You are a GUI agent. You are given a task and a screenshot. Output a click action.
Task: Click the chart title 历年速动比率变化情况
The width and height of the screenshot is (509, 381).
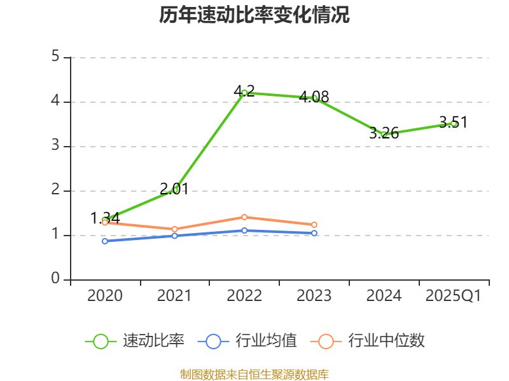(x=254, y=15)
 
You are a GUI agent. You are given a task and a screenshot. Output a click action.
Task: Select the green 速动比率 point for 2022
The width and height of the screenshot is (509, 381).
(x=244, y=93)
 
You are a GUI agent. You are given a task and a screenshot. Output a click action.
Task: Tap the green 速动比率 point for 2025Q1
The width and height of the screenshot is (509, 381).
(x=454, y=123)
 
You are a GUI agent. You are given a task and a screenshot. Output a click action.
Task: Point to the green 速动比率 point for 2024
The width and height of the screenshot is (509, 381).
(x=384, y=135)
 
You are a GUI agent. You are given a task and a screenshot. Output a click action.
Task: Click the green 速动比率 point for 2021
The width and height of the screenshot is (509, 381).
(x=175, y=190)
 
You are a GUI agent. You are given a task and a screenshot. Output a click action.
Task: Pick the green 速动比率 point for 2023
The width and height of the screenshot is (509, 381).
(x=314, y=98)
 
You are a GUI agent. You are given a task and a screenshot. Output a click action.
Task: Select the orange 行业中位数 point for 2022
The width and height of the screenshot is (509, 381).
(x=244, y=217)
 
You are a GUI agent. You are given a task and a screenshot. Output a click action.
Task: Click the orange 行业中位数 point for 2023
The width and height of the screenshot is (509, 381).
(x=314, y=225)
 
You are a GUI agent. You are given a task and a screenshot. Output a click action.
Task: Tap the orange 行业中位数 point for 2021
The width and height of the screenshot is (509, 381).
(x=175, y=229)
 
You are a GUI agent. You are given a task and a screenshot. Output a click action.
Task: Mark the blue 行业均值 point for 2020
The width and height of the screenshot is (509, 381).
(x=105, y=241)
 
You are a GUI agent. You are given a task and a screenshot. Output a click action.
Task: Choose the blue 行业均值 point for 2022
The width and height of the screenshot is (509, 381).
(x=244, y=231)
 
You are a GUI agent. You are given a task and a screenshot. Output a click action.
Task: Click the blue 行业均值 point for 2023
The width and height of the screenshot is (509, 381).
(x=314, y=233)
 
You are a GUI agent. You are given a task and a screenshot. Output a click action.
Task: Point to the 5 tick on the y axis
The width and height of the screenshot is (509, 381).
(x=55, y=57)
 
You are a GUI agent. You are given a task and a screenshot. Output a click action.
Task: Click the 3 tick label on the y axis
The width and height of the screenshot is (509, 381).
(x=55, y=146)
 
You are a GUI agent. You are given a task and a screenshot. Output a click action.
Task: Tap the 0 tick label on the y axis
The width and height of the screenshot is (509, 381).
(x=55, y=279)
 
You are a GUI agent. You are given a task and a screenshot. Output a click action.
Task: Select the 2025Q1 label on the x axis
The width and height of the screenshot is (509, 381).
(x=454, y=296)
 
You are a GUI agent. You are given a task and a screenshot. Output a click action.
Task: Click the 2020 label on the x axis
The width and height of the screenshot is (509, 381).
(x=105, y=296)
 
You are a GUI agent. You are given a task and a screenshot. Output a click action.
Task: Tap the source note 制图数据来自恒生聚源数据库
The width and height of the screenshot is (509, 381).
(x=254, y=375)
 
